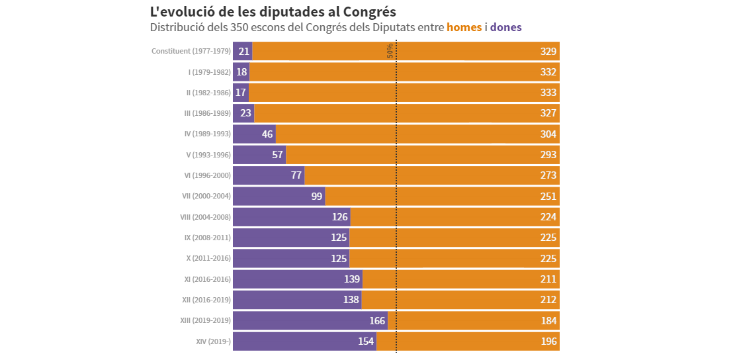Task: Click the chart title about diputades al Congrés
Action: pos(273,11)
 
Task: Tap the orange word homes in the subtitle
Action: pos(464,27)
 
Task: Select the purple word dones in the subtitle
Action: pos(505,27)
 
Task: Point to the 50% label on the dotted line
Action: pos(390,51)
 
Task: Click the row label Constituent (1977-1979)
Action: pos(191,51)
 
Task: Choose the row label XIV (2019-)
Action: pos(213,341)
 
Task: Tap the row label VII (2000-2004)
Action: pos(206,196)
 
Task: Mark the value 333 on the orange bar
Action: pos(548,93)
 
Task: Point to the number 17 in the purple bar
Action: pos(241,93)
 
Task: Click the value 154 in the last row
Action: pos(366,341)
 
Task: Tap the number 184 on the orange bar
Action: pos(548,321)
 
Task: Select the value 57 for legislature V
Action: pos(277,155)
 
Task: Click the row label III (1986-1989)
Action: pos(207,113)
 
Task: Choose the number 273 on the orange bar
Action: pos(548,175)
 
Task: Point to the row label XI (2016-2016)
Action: pos(207,279)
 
